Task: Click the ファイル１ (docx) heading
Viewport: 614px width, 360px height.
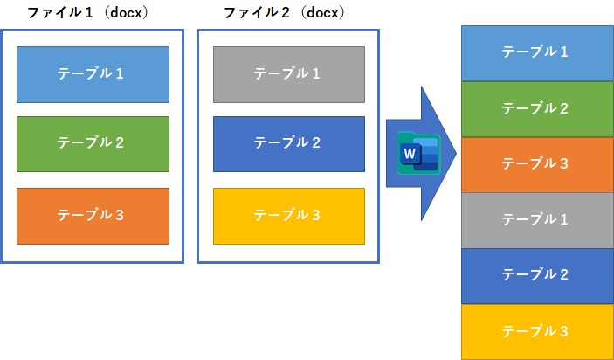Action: point(87,13)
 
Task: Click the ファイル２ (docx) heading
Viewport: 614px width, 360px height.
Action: point(284,13)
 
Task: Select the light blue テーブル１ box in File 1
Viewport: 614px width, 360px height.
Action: point(93,74)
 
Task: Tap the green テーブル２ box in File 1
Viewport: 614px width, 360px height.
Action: point(93,142)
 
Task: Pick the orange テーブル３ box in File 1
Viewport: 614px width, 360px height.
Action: point(93,215)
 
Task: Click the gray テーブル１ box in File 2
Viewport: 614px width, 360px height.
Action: point(289,74)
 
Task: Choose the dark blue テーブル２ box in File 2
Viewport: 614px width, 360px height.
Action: point(289,142)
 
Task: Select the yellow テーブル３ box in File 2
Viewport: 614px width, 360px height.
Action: point(289,215)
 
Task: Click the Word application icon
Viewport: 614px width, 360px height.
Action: point(417,154)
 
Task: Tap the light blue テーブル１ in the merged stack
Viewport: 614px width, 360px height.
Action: point(536,52)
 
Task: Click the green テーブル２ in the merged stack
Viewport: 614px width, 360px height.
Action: point(536,108)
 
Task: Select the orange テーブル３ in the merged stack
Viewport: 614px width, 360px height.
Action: point(536,164)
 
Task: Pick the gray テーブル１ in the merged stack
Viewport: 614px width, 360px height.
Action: point(536,220)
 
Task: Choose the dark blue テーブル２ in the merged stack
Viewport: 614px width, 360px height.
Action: point(536,275)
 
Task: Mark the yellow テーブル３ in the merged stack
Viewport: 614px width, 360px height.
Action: point(536,331)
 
